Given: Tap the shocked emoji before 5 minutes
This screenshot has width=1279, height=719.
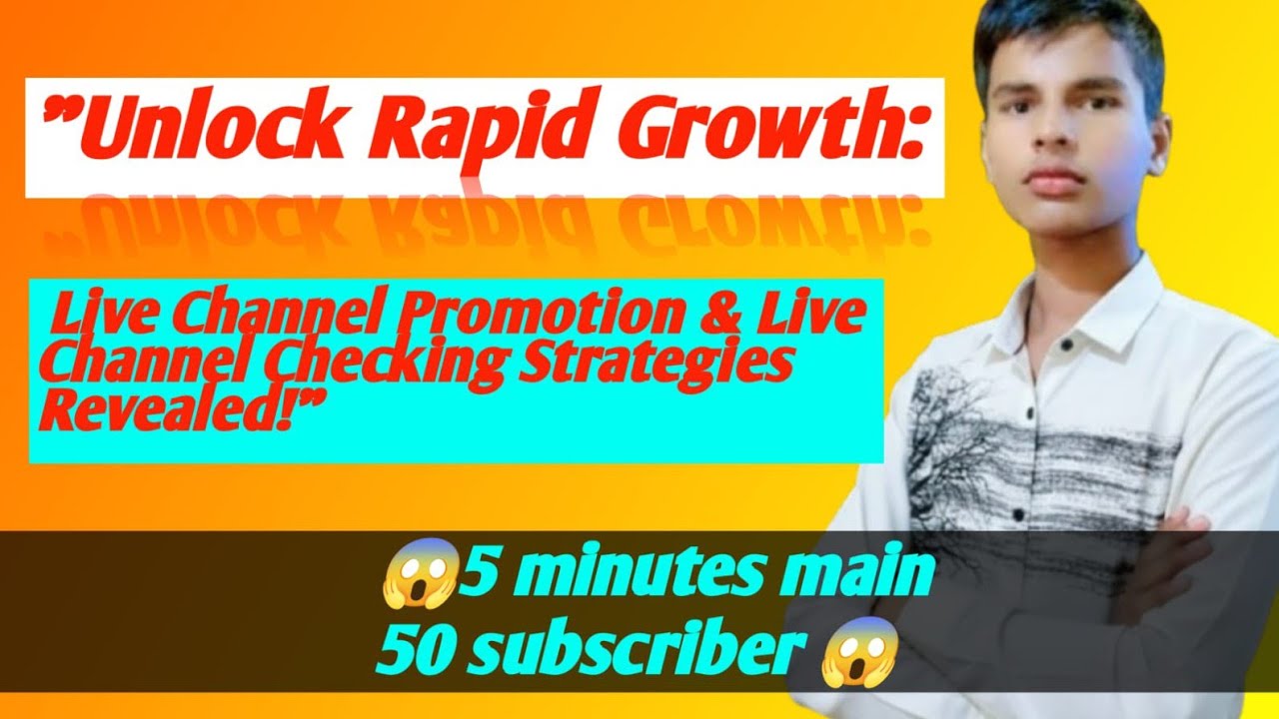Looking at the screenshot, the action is [422, 572].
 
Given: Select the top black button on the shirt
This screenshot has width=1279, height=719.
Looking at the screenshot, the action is [1065, 345].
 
